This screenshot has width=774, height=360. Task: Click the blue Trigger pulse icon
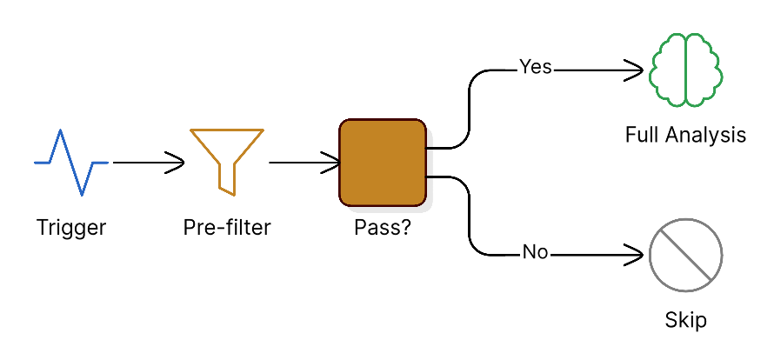click(x=71, y=162)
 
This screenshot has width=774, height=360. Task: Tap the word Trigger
click(x=71, y=228)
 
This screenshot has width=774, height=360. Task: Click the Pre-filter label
click(x=227, y=228)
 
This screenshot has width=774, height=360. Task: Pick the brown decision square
click(x=382, y=163)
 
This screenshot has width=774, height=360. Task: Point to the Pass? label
click(x=383, y=228)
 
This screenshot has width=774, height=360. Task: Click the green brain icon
click(x=685, y=70)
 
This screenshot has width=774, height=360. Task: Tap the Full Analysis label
click(x=685, y=135)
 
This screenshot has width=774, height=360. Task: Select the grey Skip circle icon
click(x=685, y=256)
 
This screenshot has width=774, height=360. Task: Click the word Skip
click(x=685, y=320)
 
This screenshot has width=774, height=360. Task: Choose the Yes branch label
click(x=535, y=67)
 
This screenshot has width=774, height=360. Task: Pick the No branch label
click(x=535, y=253)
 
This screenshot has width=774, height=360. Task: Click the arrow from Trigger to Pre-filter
click(x=148, y=162)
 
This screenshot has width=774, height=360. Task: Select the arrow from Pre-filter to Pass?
click(x=304, y=162)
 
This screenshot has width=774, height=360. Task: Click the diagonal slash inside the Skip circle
click(x=685, y=256)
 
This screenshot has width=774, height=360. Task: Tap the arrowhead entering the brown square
click(x=332, y=162)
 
